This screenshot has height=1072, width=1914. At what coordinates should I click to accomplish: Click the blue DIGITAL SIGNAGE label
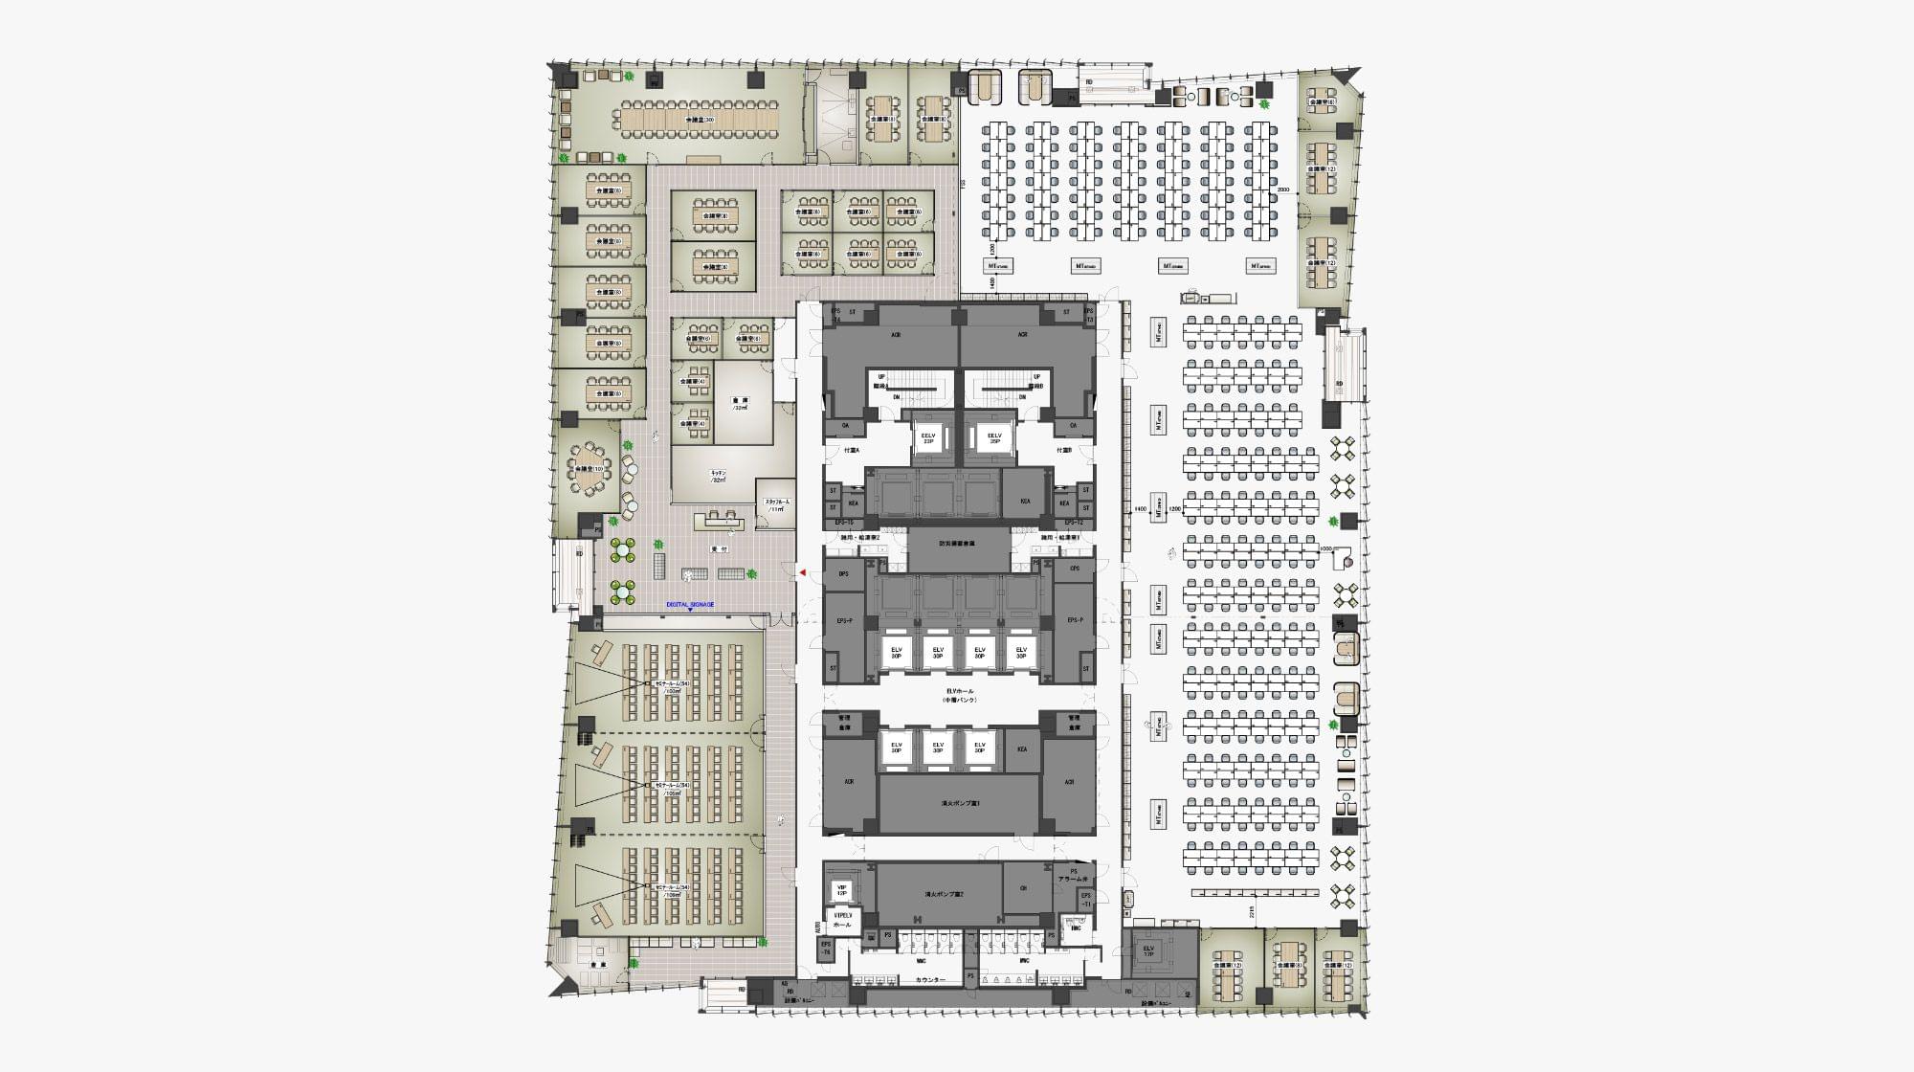coord(690,605)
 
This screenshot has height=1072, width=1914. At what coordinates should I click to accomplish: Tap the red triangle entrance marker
coord(803,572)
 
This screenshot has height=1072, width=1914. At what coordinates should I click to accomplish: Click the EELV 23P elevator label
coord(927,438)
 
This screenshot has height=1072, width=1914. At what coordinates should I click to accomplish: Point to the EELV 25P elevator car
coord(994,438)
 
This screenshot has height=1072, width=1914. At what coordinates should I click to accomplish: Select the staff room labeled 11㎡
coord(774,504)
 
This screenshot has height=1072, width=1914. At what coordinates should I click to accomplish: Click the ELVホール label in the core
coord(959,695)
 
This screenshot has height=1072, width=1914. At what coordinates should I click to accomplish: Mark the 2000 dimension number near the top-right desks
coord(1283,190)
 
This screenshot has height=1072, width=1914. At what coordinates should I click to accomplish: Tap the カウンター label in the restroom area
coord(929,980)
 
